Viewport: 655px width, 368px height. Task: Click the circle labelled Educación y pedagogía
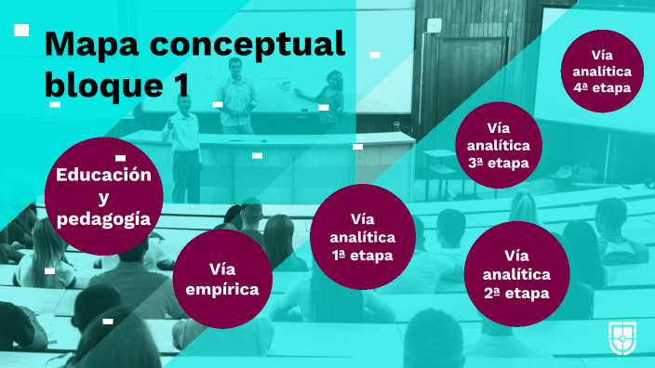point(103,195)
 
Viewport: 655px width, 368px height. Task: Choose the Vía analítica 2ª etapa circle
point(516,274)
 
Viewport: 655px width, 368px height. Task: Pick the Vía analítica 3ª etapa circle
point(499,145)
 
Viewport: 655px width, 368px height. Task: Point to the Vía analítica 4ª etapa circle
point(603,71)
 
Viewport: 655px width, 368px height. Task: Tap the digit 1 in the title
point(180,84)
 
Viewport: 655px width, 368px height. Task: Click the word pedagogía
point(103,219)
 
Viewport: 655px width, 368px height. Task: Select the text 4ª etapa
point(603,89)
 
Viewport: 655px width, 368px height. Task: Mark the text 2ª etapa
point(516,293)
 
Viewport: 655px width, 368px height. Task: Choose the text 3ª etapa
point(499,163)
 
